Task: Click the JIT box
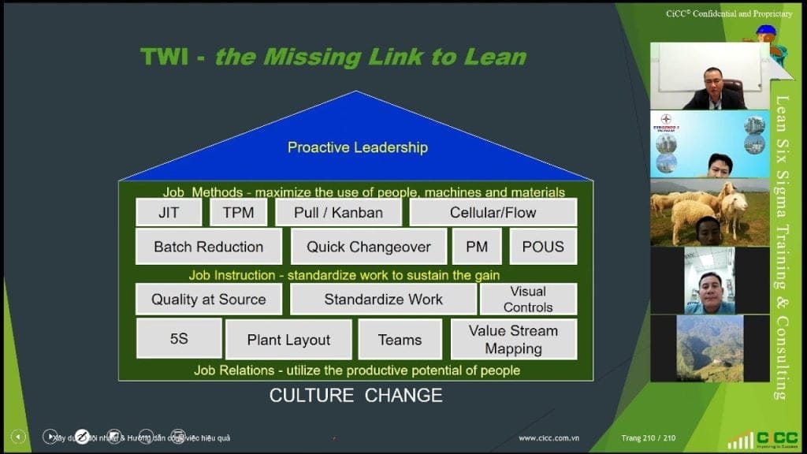(x=168, y=212)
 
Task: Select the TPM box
(x=238, y=212)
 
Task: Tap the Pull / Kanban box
(x=338, y=212)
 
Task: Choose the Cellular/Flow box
(x=493, y=212)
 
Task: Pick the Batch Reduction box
(x=209, y=247)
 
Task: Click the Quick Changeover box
(x=368, y=247)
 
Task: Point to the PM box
(x=477, y=247)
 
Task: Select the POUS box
(x=543, y=247)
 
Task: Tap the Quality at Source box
(x=209, y=300)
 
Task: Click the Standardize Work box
(x=383, y=300)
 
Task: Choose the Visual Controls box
(x=528, y=300)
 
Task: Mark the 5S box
(x=179, y=339)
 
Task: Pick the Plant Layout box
(x=288, y=340)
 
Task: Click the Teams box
(x=400, y=340)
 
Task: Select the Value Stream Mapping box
(x=513, y=340)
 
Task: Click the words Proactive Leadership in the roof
(x=357, y=147)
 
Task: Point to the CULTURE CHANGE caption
(x=355, y=395)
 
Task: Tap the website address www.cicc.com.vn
(x=549, y=438)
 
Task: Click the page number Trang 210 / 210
(x=649, y=438)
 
